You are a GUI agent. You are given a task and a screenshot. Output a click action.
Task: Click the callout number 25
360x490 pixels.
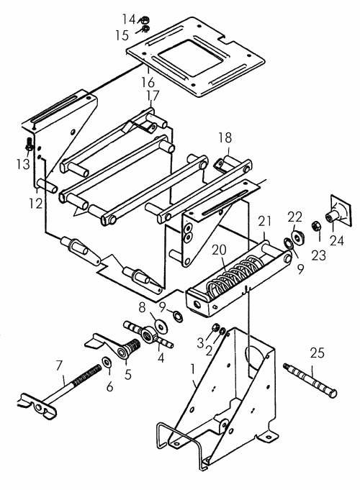317,353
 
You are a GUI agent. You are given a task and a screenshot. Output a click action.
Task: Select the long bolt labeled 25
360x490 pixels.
310,381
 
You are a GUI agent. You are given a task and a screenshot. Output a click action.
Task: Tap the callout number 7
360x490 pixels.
59,366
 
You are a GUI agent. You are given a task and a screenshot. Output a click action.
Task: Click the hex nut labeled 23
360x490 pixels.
315,225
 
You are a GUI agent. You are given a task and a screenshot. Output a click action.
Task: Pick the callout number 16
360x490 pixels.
148,83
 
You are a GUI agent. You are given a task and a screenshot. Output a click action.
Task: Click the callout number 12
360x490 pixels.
36,204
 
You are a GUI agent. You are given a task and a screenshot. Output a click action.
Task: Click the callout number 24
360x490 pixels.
337,241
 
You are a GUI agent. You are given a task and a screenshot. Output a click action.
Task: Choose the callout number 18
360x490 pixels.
225,137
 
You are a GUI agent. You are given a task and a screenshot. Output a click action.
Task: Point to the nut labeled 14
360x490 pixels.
144,21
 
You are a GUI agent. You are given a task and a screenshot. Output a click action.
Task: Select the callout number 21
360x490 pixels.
265,222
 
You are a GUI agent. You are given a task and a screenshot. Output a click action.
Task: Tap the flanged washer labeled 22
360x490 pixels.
297,238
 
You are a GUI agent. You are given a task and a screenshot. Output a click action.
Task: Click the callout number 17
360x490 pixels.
153,96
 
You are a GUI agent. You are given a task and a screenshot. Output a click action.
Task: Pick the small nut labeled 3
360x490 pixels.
215,328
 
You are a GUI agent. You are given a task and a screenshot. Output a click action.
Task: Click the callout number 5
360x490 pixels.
128,374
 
